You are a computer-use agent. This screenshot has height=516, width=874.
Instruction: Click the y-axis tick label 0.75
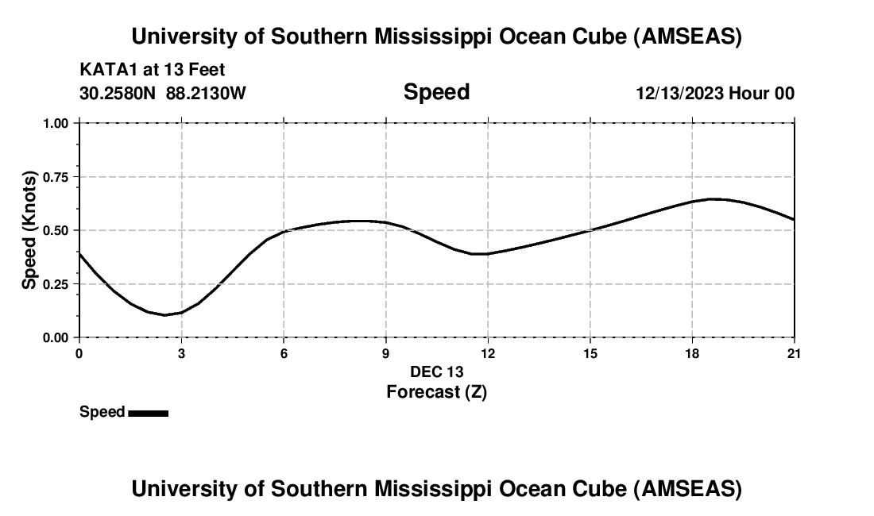[x=57, y=177]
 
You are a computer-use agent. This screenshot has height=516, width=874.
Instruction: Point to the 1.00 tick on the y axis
[x=57, y=124]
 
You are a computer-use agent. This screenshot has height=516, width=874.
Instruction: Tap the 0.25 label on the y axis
[x=57, y=284]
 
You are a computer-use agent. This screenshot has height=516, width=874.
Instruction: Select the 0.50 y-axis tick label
[x=57, y=231]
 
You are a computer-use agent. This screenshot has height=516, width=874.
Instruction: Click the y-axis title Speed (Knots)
[x=29, y=230]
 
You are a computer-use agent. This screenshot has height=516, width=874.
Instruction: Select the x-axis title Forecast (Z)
[x=436, y=391]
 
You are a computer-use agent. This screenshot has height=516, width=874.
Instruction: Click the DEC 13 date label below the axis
[x=436, y=372]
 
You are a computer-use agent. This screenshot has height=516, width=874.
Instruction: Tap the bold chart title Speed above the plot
[x=436, y=92]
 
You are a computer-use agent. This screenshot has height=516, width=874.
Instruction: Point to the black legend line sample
[x=148, y=413]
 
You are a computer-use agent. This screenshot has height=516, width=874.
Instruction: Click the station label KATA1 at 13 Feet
[x=157, y=69]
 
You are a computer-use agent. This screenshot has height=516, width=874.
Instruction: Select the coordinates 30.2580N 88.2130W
[x=163, y=93]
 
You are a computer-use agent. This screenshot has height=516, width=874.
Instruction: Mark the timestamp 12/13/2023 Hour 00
[x=715, y=93]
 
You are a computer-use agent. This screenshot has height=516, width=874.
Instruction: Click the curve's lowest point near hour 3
[x=164, y=315]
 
